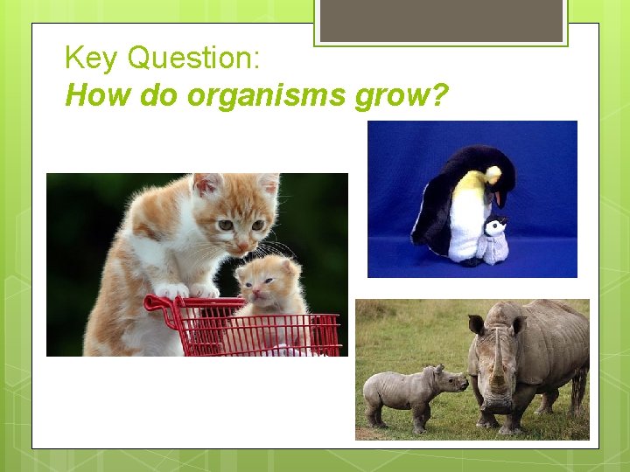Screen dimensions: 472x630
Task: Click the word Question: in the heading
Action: (193, 59)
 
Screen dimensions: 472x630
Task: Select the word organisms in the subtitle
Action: (262, 94)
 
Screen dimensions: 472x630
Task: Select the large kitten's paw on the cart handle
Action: (173, 289)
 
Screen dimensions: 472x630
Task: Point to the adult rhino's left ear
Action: (476, 325)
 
